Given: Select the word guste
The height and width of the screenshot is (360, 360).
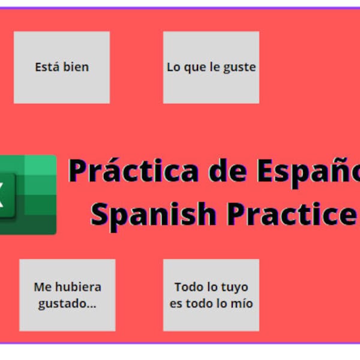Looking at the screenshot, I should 240,67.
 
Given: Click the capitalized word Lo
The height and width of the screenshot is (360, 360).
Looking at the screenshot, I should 173,67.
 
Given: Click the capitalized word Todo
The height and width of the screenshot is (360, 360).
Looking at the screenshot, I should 187,287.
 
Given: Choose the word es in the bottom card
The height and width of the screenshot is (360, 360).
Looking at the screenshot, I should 176,304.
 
